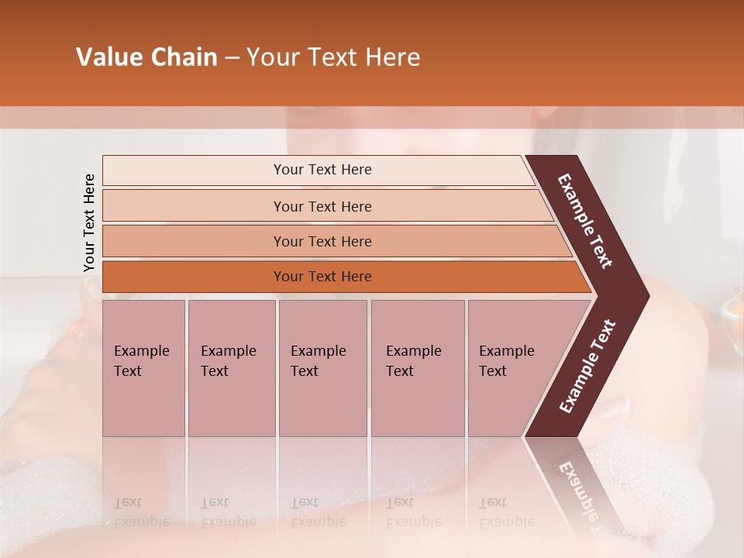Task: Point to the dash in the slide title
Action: [232, 58]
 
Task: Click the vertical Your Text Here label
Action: [89, 222]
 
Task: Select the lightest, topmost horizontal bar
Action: [318, 170]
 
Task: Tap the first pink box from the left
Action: [143, 367]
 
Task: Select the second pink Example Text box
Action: [231, 367]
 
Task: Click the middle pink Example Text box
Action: [322, 367]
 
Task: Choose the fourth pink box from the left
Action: [417, 367]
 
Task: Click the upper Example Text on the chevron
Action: [585, 221]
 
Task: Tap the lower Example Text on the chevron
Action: [587, 366]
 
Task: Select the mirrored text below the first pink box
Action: [141, 512]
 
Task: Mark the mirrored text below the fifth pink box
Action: [506, 512]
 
